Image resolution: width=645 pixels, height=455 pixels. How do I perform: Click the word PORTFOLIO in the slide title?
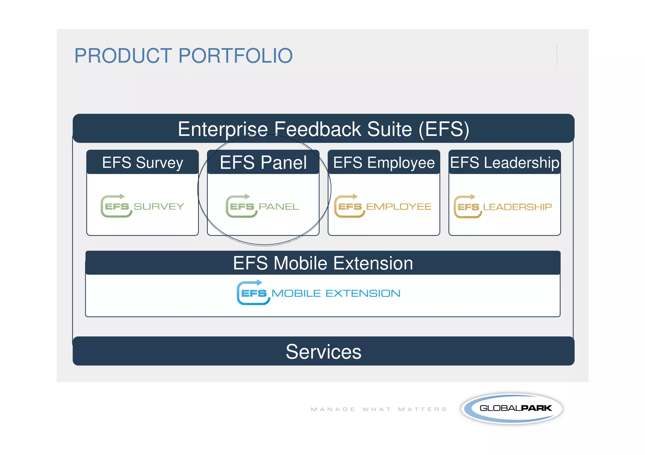pyautogui.click(x=236, y=56)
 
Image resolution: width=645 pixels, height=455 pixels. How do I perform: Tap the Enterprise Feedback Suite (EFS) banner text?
pyautogui.click(x=323, y=129)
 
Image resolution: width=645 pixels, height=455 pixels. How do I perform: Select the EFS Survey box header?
pyautogui.click(x=142, y=163)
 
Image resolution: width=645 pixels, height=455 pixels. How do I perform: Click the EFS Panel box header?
pyautogui.click(x=263, y=163)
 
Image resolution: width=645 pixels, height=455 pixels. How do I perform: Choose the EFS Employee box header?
pyautogui.click(x=384, y=163)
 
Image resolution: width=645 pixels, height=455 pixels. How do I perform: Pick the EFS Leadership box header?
pyautogui.click(x=505, y=163)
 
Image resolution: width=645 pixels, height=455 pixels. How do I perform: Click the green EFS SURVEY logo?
pyautogui.click(x=142, y=206)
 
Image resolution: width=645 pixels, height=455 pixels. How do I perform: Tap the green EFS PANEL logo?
pyautogui.click(x=262, y=206)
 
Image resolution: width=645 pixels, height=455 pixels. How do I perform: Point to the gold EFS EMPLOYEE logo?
pyautogui.click(x=383, y=206)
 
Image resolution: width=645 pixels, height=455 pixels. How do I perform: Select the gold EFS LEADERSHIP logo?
pyautogui.click(x=503, y=207)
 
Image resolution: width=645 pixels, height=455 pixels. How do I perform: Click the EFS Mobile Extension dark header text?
pyautogui.click(x=323, y=263)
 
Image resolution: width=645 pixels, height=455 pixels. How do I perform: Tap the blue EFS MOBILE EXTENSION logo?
pyautogui.click(x=318, y=293)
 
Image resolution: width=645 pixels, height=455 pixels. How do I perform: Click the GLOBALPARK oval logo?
pyautogui.click(x=512, y=408)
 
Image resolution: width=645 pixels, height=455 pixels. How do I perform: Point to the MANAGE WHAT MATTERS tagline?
pyautogui.click(x=379, y=409)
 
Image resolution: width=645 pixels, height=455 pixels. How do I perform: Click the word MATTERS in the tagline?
pyautogui.click(x=423, y=409)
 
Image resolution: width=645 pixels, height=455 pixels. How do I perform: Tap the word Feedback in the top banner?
pyautogui.click(x=318, y=129)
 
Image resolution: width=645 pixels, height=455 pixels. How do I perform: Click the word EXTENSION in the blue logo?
pyautogui.click(x=363, y=293)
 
